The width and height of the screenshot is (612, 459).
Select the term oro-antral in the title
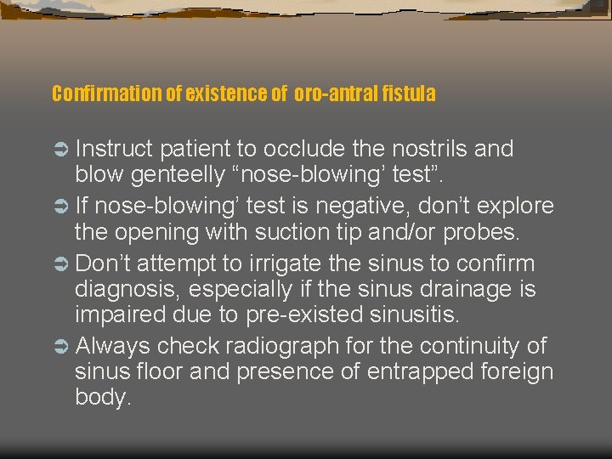333,93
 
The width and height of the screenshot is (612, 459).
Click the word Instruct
114,149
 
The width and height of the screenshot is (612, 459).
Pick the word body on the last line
102,397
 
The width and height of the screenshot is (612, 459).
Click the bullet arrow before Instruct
61,150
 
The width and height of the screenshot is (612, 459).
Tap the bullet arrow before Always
61,347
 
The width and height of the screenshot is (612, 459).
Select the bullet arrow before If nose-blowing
61,207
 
